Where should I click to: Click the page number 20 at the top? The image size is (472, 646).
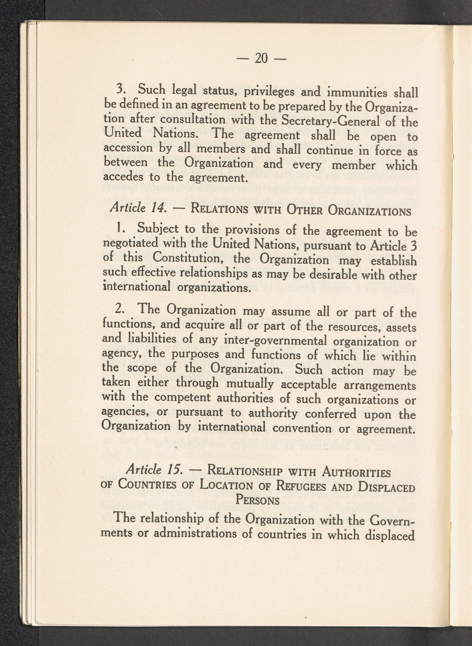click(261, 58)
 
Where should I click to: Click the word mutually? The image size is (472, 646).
click(251, 384)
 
